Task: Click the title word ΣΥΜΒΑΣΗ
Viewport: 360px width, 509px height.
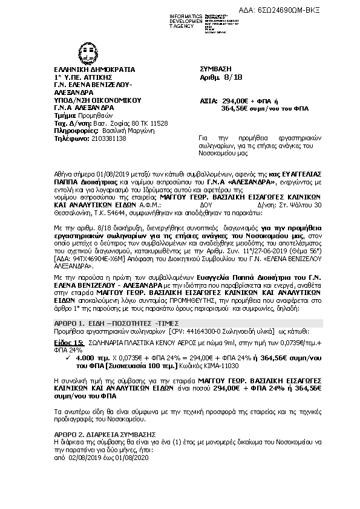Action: (x=215, y=70)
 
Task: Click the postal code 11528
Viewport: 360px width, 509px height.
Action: (x=159, y=123)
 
